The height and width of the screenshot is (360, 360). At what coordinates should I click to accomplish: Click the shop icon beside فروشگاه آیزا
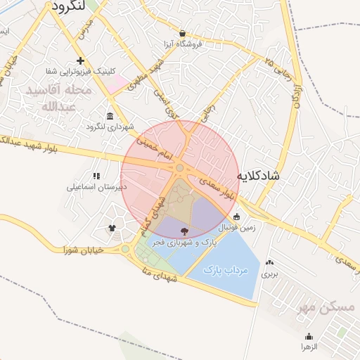click(183, 33)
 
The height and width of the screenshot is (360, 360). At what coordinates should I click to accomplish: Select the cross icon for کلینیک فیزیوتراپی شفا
click(81, 60)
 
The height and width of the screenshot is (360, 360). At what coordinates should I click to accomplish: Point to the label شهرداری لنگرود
click(109, 127)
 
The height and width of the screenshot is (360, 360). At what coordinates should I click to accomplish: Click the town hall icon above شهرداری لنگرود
click(110, 116)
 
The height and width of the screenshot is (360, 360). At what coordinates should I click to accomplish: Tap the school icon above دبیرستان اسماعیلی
click(96, 176)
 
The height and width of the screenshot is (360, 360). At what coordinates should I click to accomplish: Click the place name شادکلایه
click(257, 175)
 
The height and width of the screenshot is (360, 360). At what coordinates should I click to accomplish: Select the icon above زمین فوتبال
click(236, 217)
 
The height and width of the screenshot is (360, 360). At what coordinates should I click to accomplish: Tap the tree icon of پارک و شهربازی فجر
click(184, 231)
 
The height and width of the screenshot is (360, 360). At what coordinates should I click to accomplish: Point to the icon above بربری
click(270, 263)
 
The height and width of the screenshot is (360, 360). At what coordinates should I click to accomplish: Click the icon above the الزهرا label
click(310, 336)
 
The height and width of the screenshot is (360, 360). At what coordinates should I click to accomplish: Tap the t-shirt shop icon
click(112, 228)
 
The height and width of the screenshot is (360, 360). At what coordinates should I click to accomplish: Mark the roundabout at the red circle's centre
click(180, 168)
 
